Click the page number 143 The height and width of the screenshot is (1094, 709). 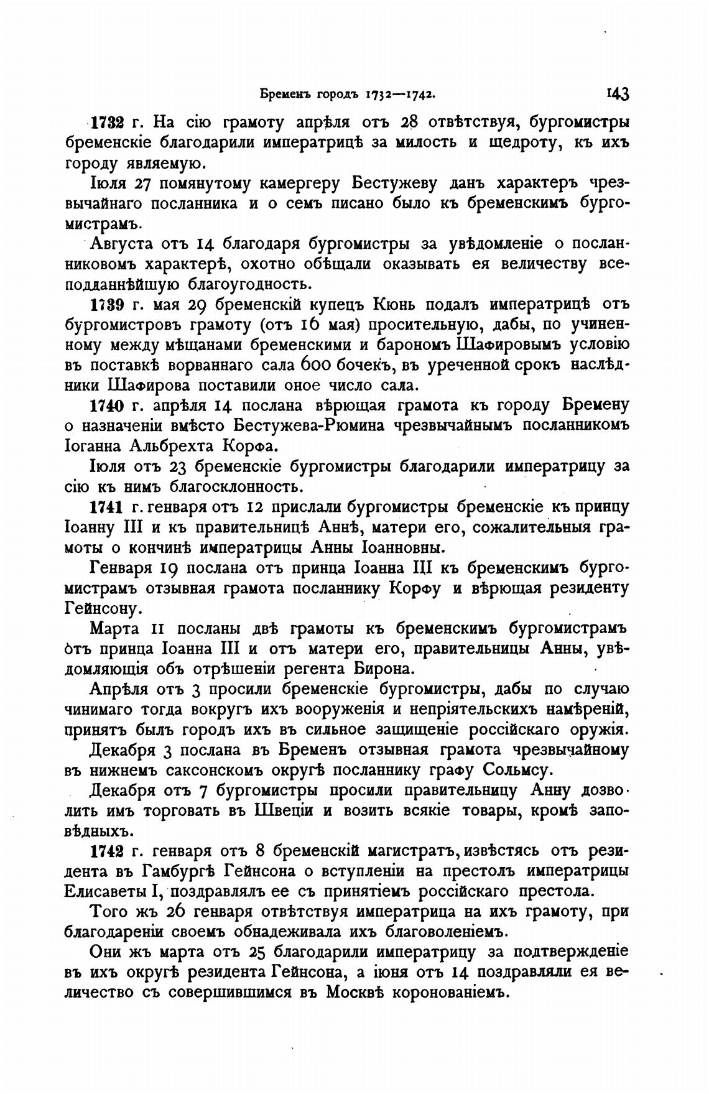tap(618, 94)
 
